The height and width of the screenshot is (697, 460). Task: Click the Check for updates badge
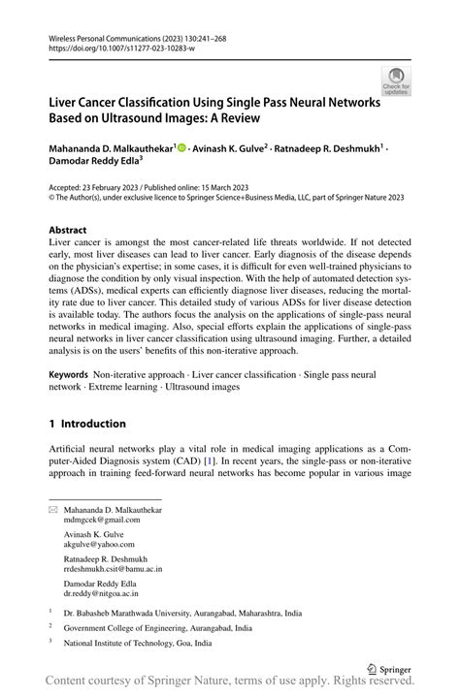point(396,79)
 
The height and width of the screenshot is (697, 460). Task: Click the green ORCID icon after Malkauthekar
point(181,149)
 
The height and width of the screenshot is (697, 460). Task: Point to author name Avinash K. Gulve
point(230,149)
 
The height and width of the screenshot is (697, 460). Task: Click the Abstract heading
point(68,230)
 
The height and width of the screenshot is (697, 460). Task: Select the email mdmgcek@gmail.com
point(102,520)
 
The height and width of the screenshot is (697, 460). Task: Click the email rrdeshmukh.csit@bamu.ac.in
point(114,570)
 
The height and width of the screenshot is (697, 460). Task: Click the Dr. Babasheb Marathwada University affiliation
point(182,614)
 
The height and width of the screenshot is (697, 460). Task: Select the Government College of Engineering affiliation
point(157,628)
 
